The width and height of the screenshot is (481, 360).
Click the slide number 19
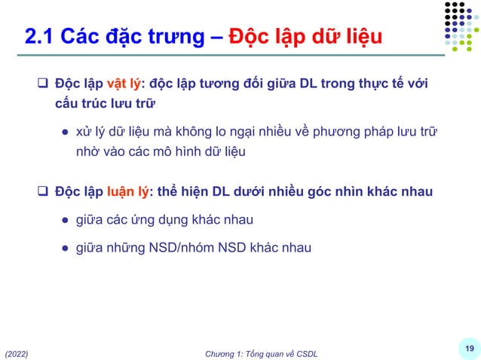(x=469, y=347)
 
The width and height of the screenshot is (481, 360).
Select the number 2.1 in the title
(x=39, y=35)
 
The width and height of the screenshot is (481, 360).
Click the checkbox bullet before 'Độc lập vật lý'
(x=44, y=82)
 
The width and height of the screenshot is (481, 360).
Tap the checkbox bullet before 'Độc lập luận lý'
(x=44, y=191)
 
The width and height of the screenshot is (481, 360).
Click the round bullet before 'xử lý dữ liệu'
(x=66, y=133)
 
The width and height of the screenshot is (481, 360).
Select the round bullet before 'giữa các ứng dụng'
(x=66, y=220)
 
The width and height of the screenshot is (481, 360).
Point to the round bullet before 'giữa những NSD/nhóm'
(x=66, y=247)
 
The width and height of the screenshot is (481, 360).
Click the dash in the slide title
(x=214, y=35)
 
